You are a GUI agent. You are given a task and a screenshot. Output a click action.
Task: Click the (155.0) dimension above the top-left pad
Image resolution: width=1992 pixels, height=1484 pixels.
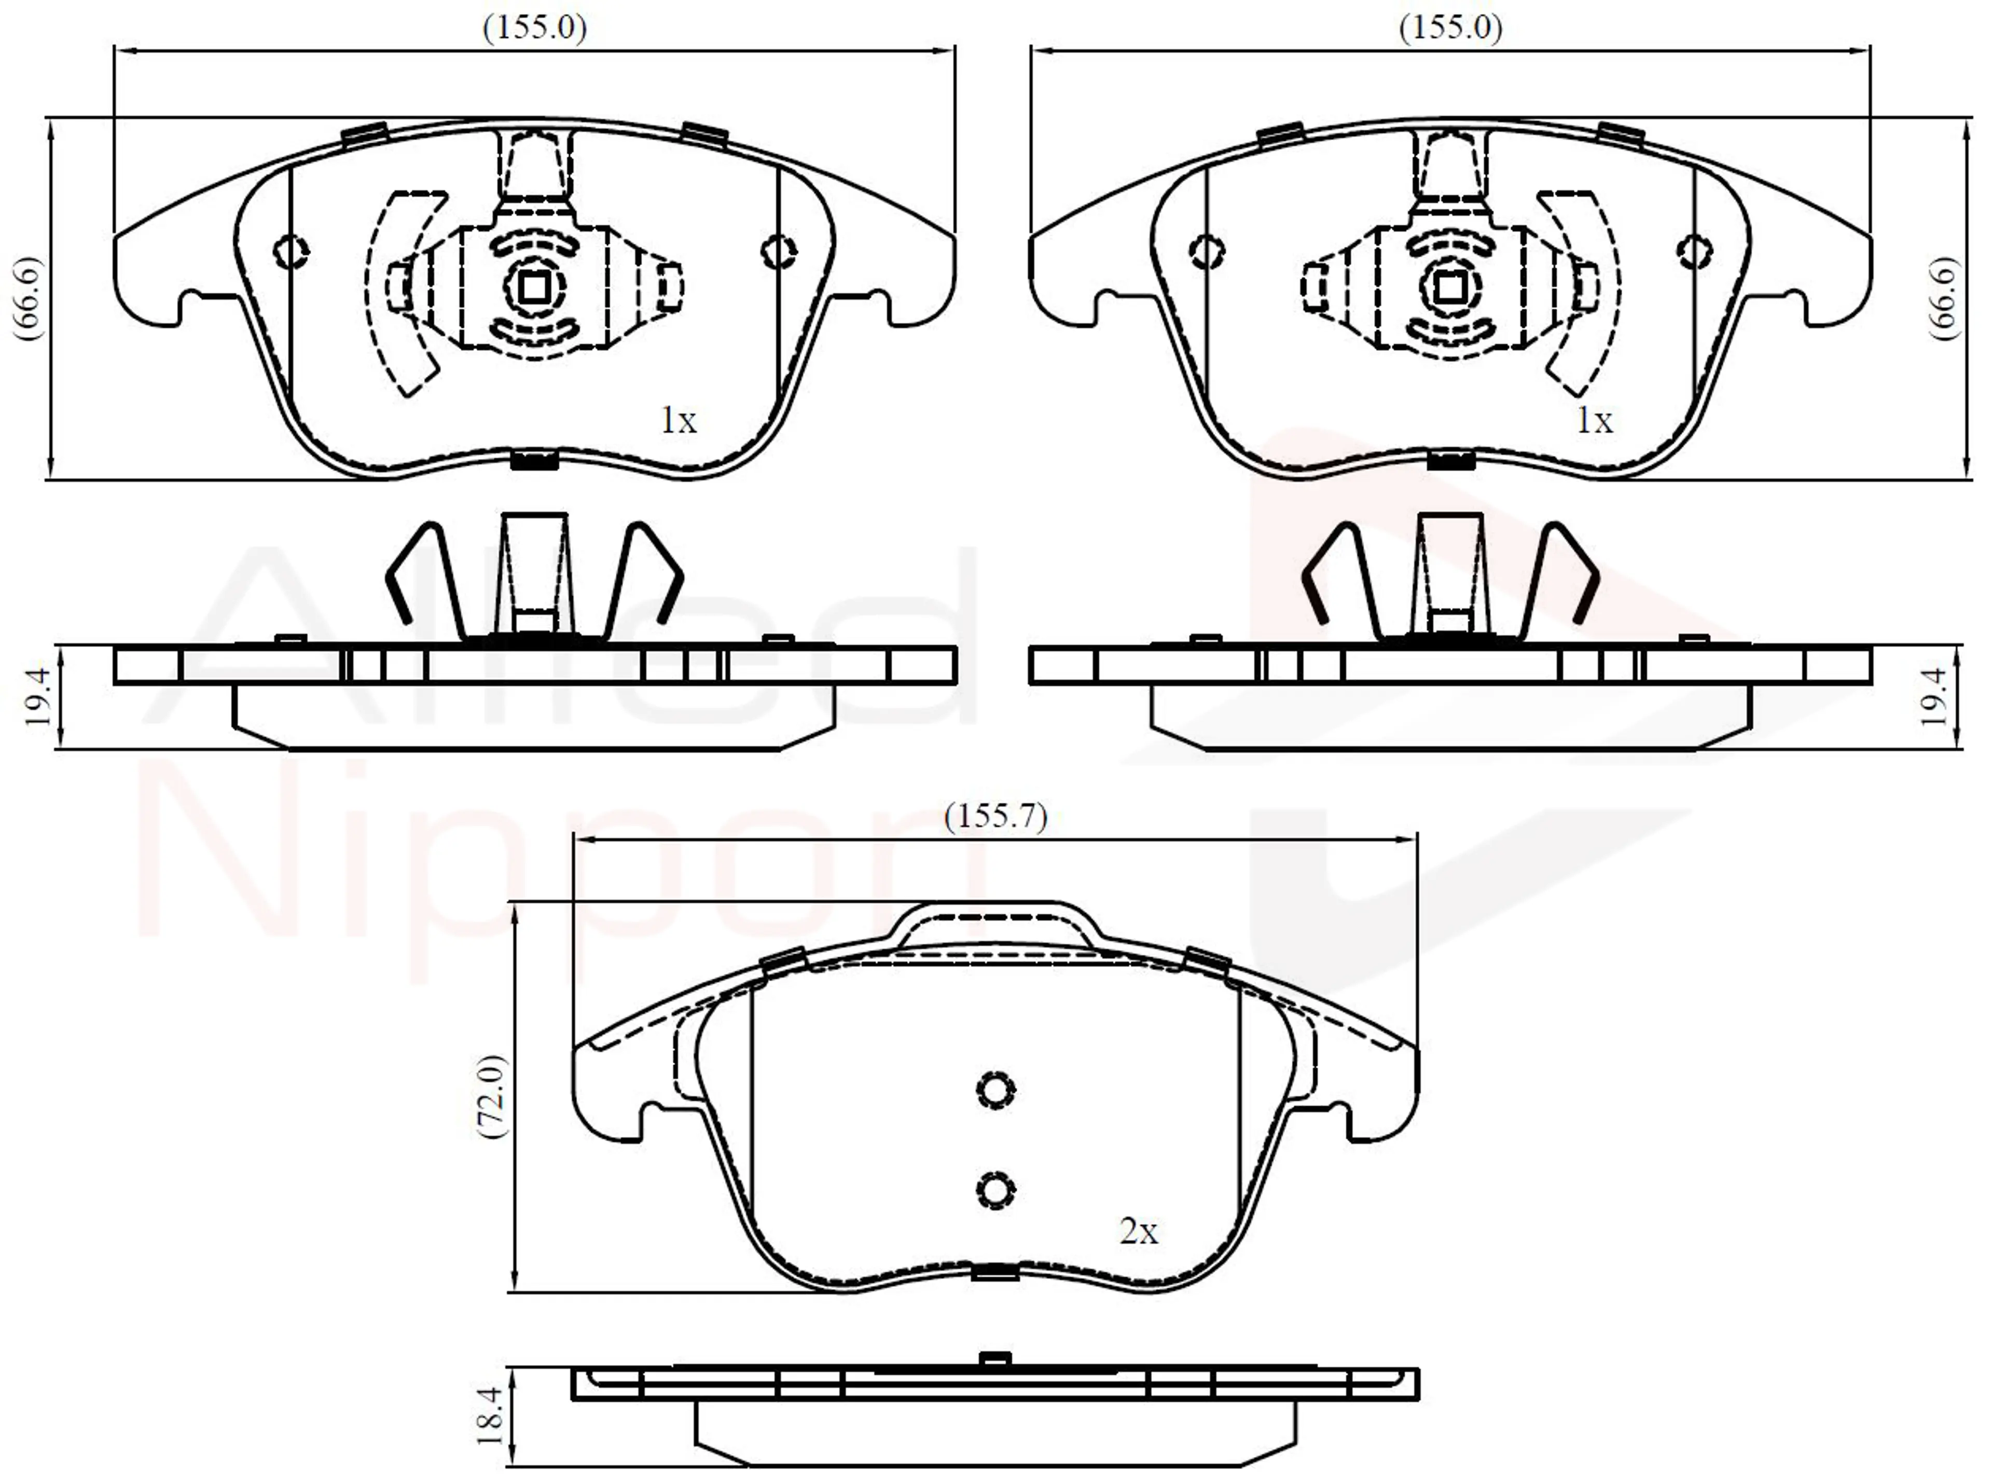pos(535,28)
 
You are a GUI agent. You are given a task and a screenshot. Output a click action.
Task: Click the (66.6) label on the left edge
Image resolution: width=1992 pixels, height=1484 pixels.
pos(28,298)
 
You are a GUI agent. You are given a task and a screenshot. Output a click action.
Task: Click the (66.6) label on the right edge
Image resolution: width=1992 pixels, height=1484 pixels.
pos(1944,298)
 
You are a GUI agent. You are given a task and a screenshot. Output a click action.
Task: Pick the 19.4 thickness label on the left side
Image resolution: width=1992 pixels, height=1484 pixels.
pos(38,696)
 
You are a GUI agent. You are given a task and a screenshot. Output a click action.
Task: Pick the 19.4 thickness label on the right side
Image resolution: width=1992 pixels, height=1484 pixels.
pos(1935,696)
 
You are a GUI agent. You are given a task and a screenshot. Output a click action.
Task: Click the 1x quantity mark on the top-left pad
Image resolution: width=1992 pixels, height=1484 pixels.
pos(678,419)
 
